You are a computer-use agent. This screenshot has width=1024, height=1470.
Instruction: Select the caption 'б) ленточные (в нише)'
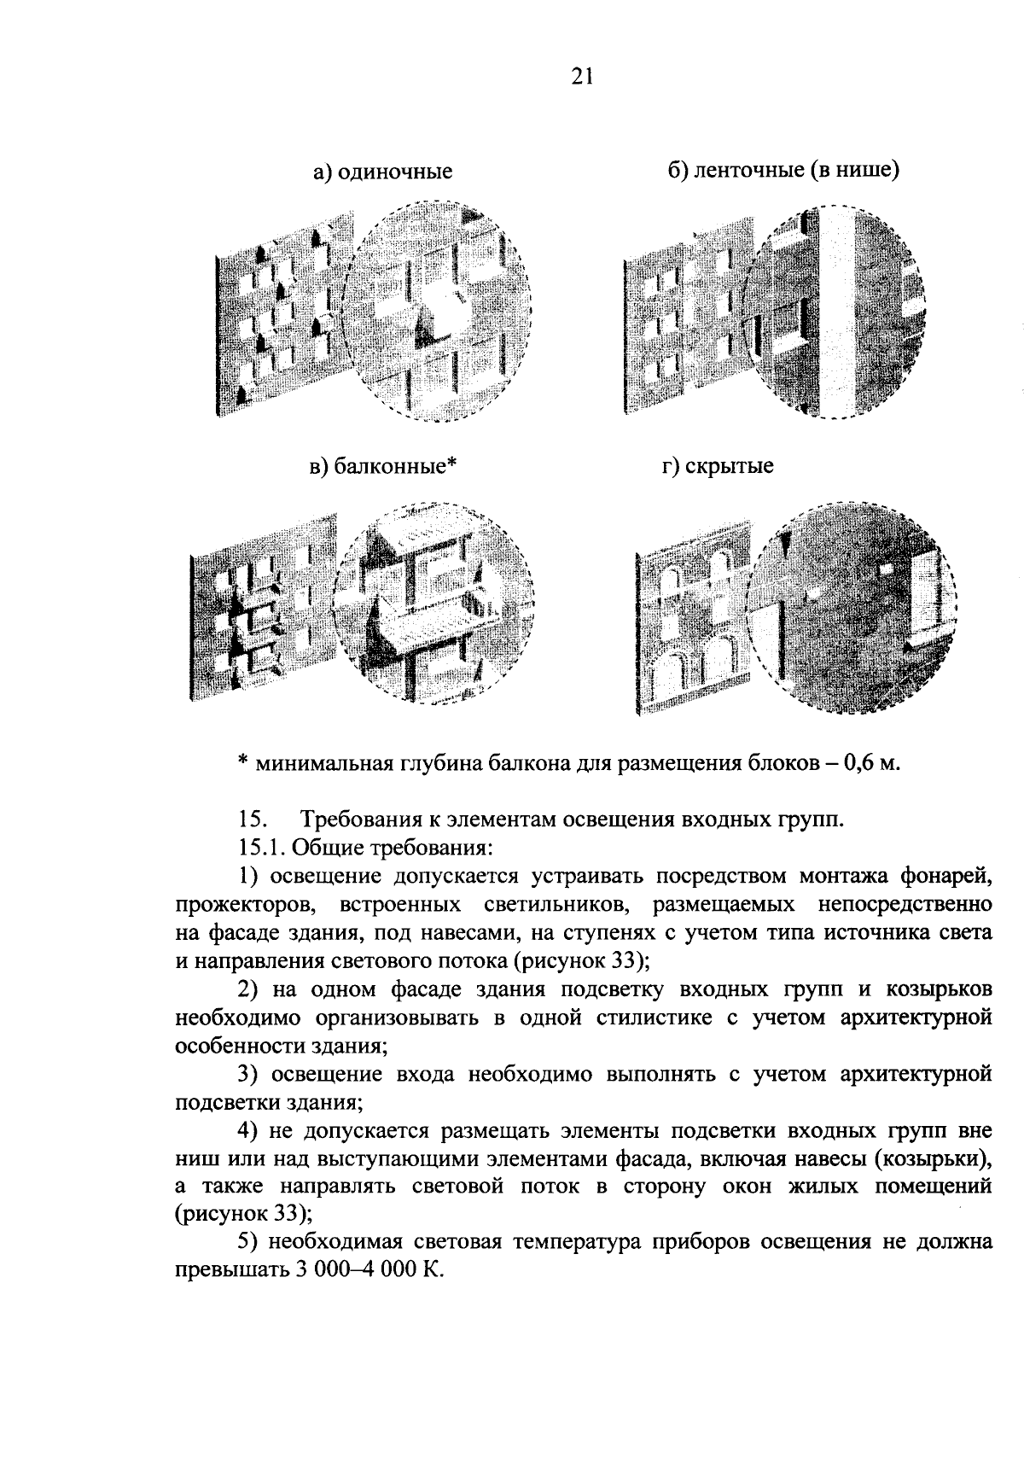(x=783, y=170)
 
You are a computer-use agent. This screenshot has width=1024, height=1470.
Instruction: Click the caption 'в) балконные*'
(x=383, y=467)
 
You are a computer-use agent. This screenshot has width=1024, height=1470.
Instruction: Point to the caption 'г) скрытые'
(x=718, y=467)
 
